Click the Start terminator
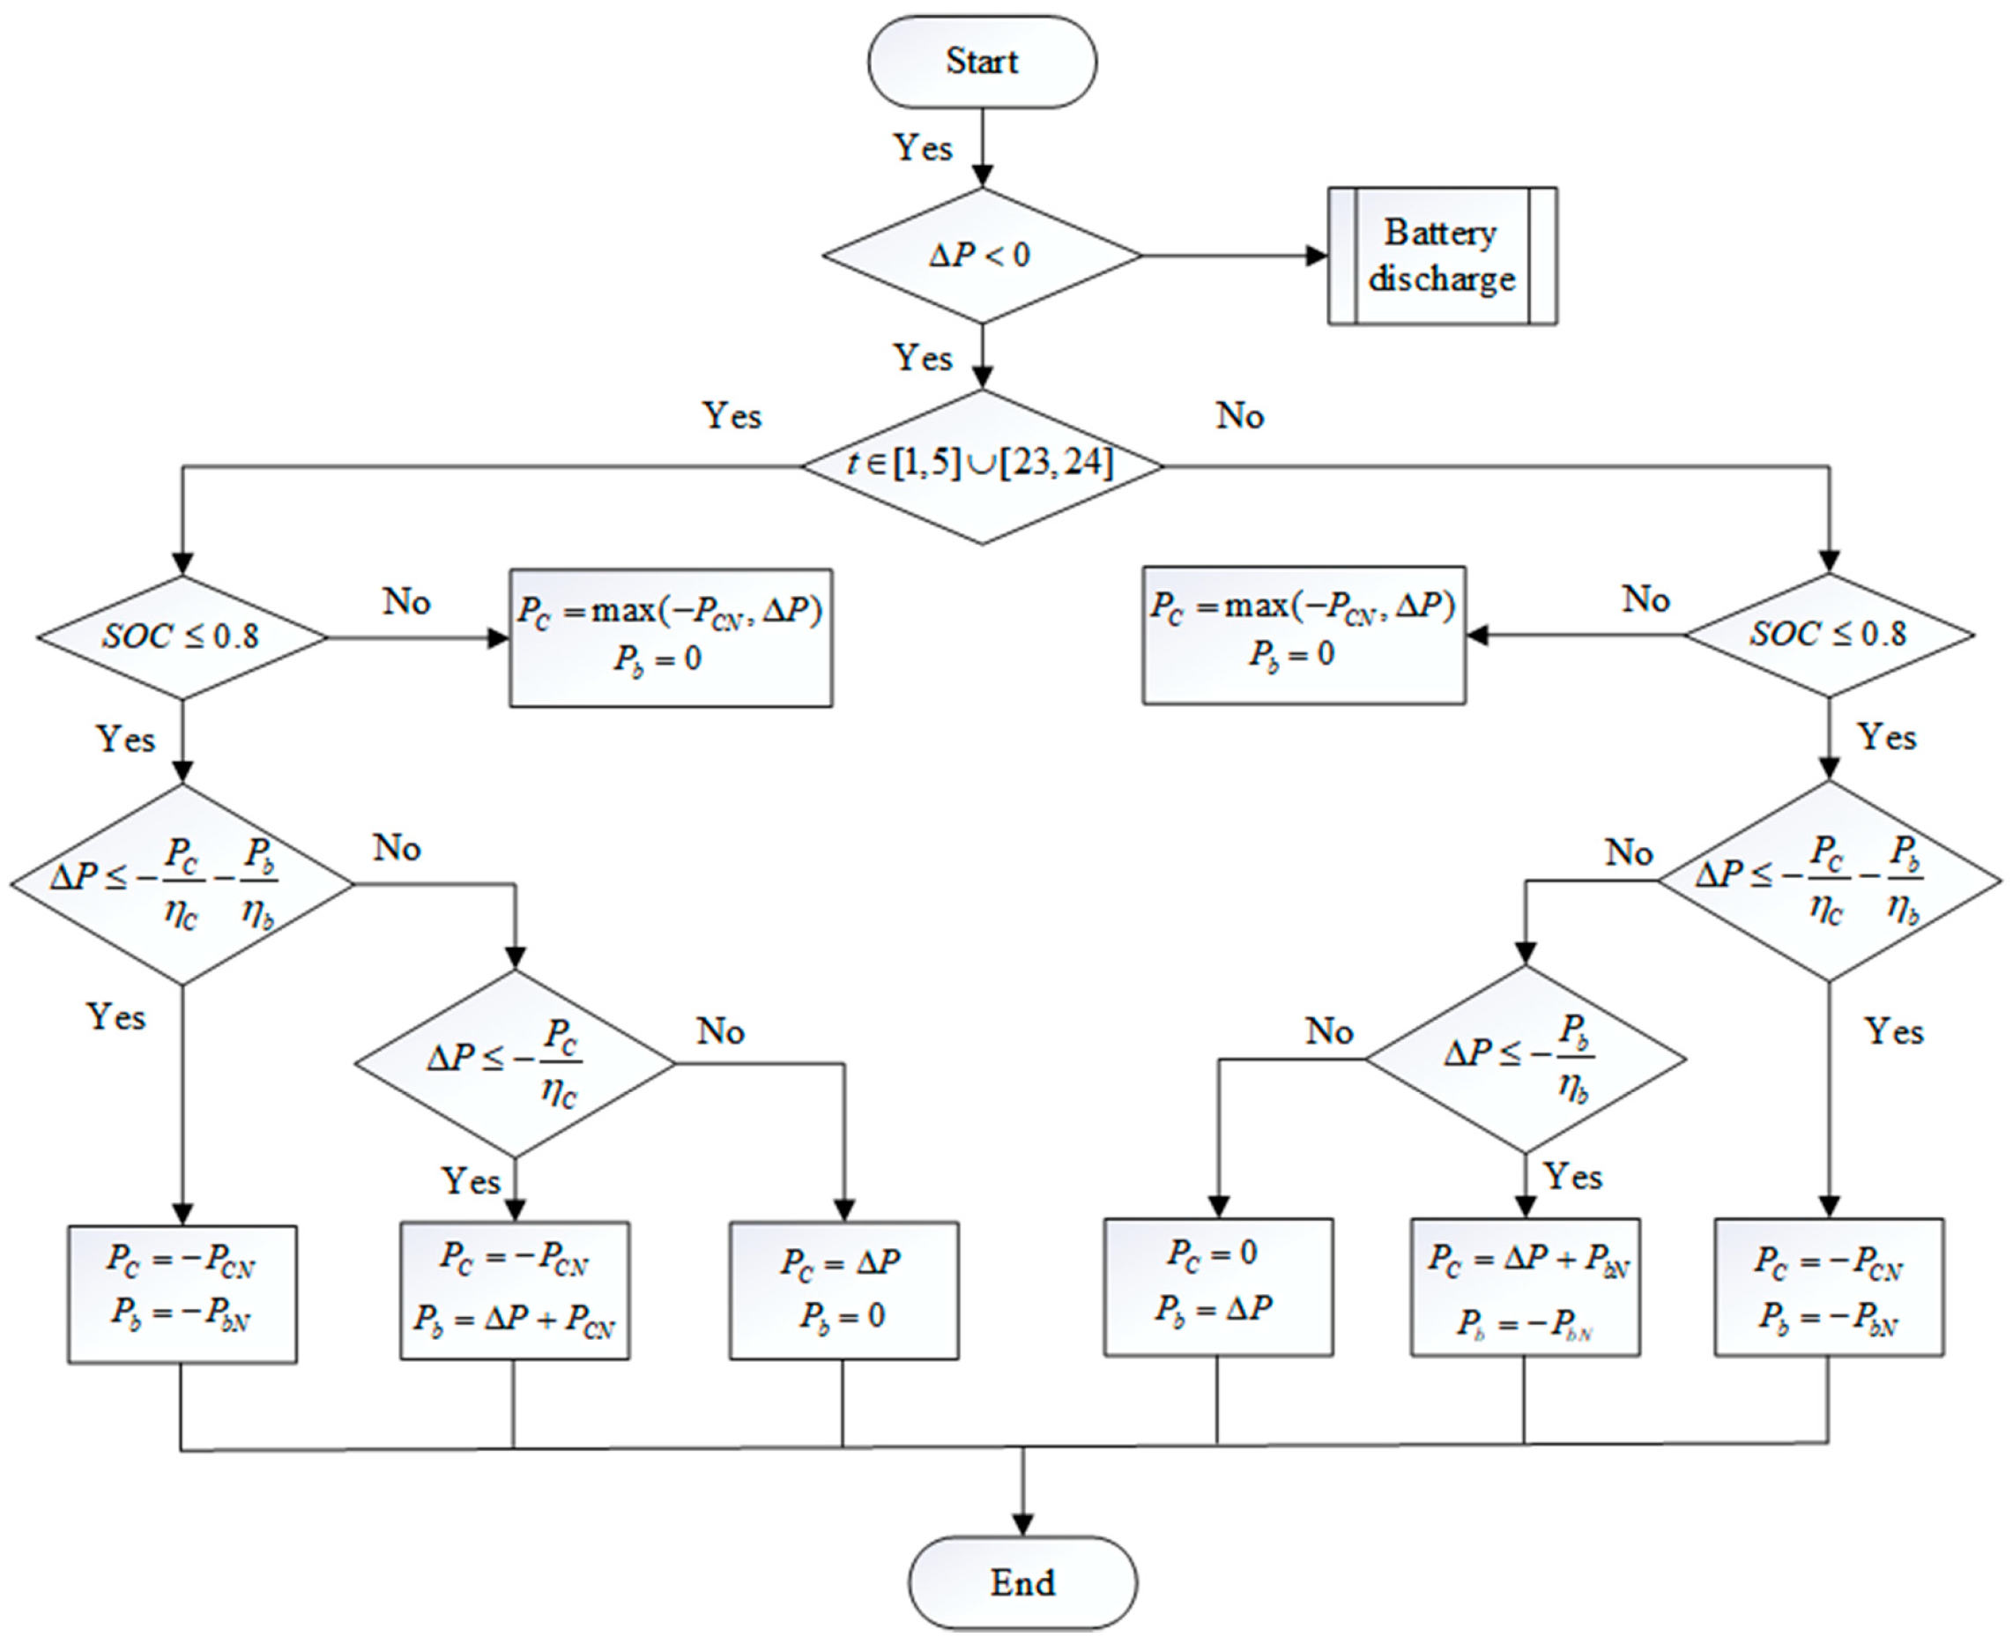pyautogui.click(x=982, y=62)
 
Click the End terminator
pyautogui.click(x=1022, y=1581)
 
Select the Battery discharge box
pyautogui.click(x=1441, y=256)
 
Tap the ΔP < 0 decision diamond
pyautogui.click(x=982, y=256)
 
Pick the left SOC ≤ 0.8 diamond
pyautogui.click(x=182, y=636)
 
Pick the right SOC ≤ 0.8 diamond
pyautogui.click(x=1829, y=635)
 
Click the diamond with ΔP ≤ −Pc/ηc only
pyautogui.click(x=514, y=1062)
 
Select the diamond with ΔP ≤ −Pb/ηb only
pyautogui.click(x=1525, y=1059)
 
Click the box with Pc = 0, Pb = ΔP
pyautogui.click(x=1218, y=1286)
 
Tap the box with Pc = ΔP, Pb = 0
pyautogui.click(x=843, y=1290)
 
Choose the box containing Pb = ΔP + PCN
pyautogui.click(x=514, y=1290)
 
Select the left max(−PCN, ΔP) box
pyautogui.click(x=671, y=636)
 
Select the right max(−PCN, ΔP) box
pyautogui.click(x=1303, y=635)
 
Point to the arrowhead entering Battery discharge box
pyautogui.click(x=1318, y=256)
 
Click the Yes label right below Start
pyautogui.click(x=923, y=148)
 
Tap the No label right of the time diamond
pyautogui.click(x=1239, y=415)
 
